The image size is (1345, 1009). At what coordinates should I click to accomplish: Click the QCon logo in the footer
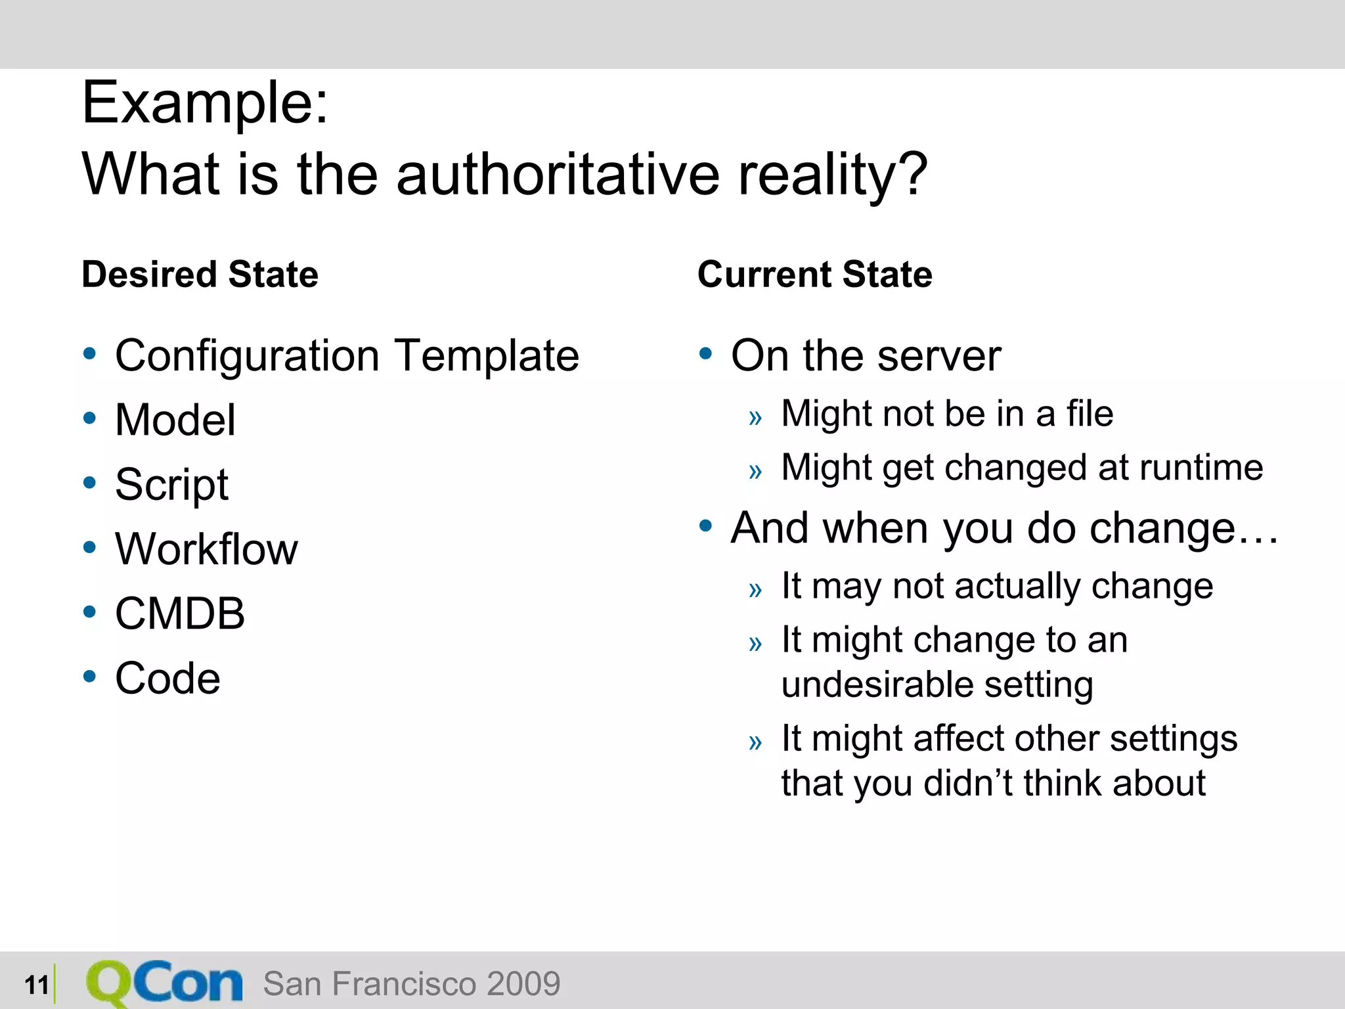(164, 983)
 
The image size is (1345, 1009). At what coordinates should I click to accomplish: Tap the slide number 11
(37, 985)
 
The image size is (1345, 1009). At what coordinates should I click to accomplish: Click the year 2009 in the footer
(523, 983)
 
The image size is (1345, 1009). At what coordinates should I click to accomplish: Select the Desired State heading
(200, 274)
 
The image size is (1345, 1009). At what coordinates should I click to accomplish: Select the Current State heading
(814, 274)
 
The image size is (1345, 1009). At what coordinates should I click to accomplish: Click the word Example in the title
(204, 103)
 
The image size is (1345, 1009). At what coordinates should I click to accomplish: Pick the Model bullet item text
(175, 420)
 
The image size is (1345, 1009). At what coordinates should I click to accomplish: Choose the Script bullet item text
(171, 485)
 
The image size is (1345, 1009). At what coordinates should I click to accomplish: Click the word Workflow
(206, 549)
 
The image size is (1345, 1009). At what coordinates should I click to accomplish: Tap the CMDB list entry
(180, 614)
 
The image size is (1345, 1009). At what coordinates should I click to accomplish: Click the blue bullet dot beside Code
(90, 676)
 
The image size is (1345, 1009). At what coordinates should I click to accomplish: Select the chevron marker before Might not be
(755, 417)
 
